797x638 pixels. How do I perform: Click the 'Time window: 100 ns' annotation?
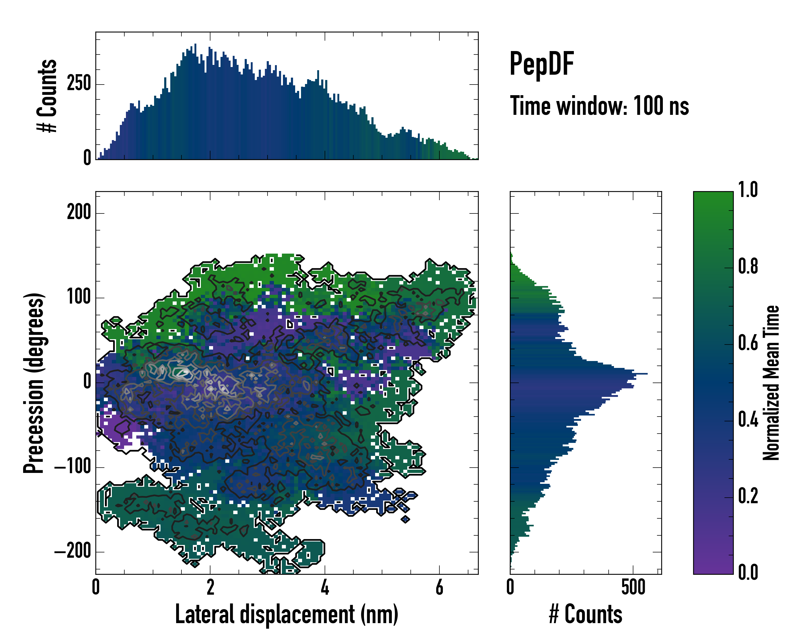click(599, 106)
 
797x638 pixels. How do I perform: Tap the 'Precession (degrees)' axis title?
click(34, 383)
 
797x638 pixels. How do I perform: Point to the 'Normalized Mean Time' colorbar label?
click(771, 383)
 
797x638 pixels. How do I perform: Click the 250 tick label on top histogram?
click(79, 83)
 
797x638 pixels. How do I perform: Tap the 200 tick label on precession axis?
click(79, 213)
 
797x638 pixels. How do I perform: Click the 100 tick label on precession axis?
click(79, 297)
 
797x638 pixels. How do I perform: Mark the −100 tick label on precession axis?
click(73, 467)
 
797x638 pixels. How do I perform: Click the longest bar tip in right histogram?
click(647, 374)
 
